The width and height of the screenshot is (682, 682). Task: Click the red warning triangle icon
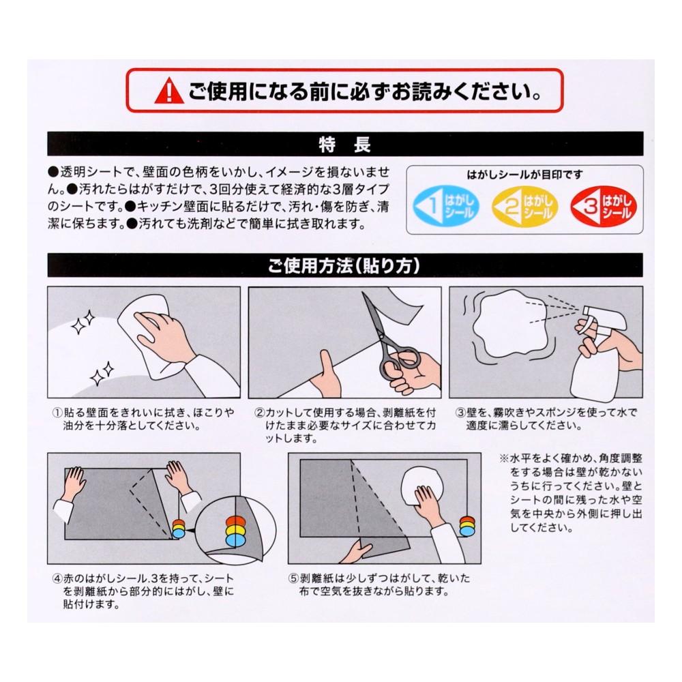coord(169,91)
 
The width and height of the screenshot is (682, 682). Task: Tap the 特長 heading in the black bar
coord(344,145)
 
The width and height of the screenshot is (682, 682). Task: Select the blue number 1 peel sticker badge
coord(445,207)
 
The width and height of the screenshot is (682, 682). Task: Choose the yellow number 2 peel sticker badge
coord(524,207)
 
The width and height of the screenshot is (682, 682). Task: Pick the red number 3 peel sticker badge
coord(604,207)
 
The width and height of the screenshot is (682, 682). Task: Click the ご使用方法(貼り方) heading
coord(344,265)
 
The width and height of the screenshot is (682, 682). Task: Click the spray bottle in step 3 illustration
coord(598,353)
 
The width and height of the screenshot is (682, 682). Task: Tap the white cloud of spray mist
coord(509,323)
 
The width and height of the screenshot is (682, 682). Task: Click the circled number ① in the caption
coord(57,413)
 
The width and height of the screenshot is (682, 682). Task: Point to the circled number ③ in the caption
coord(460,413)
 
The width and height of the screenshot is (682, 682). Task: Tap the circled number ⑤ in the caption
coord(293,578)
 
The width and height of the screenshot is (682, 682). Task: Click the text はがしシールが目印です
coord(524,175)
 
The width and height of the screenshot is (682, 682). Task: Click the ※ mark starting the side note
coord(503,458)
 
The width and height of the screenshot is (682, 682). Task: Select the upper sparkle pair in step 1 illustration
coord(83,323)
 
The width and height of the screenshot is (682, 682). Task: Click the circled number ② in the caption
coord(260,413)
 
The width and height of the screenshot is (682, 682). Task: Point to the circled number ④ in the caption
coord(57,578)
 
